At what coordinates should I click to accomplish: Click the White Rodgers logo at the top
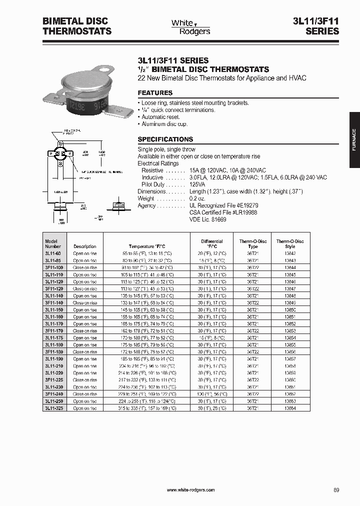190,27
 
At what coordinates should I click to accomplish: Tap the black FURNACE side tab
354,140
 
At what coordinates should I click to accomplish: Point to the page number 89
336,490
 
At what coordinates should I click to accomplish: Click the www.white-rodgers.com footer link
190,490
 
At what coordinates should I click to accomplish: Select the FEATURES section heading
155,93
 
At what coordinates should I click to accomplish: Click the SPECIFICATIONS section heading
165,139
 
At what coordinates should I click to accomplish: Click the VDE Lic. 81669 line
207,219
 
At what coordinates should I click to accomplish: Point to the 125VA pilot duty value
198,184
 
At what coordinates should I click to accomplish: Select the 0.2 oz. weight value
198,198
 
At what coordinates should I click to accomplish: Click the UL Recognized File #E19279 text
223,205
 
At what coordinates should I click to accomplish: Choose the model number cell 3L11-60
53,253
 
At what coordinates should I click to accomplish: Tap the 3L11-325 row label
54,408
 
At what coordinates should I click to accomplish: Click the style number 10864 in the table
290,408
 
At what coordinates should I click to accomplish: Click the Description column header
85,246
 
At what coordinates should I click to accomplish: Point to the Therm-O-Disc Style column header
290,244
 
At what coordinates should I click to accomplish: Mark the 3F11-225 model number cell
54,380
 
